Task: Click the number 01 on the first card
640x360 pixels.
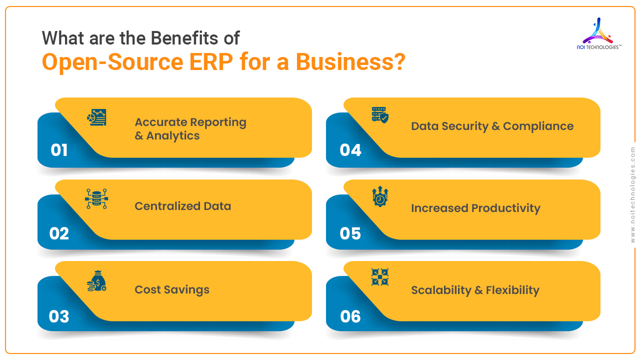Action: [59, 150]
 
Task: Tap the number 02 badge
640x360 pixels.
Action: [59, 233]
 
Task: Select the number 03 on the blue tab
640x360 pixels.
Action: [59, 316]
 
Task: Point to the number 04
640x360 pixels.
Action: [350, 150]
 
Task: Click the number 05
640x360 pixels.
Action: [350, 233]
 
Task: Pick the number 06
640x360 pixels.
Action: [350, 316]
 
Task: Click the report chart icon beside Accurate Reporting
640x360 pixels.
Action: [97, 117]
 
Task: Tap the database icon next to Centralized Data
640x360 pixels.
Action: [96, 198]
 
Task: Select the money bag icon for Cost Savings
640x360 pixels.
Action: [96, 281]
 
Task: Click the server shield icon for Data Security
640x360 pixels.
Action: [380, 115]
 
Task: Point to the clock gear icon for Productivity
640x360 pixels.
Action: [380, 196]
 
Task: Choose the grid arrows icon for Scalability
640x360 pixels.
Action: [380, 277]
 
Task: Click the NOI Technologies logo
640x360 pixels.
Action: [599, 34]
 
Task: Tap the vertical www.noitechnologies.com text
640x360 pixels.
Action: [632, 195]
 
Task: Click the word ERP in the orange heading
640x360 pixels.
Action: [211, 61]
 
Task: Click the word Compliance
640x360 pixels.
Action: [538, 126]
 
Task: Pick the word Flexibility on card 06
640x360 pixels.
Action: [512, 290]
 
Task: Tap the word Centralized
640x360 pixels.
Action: [167, 206]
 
